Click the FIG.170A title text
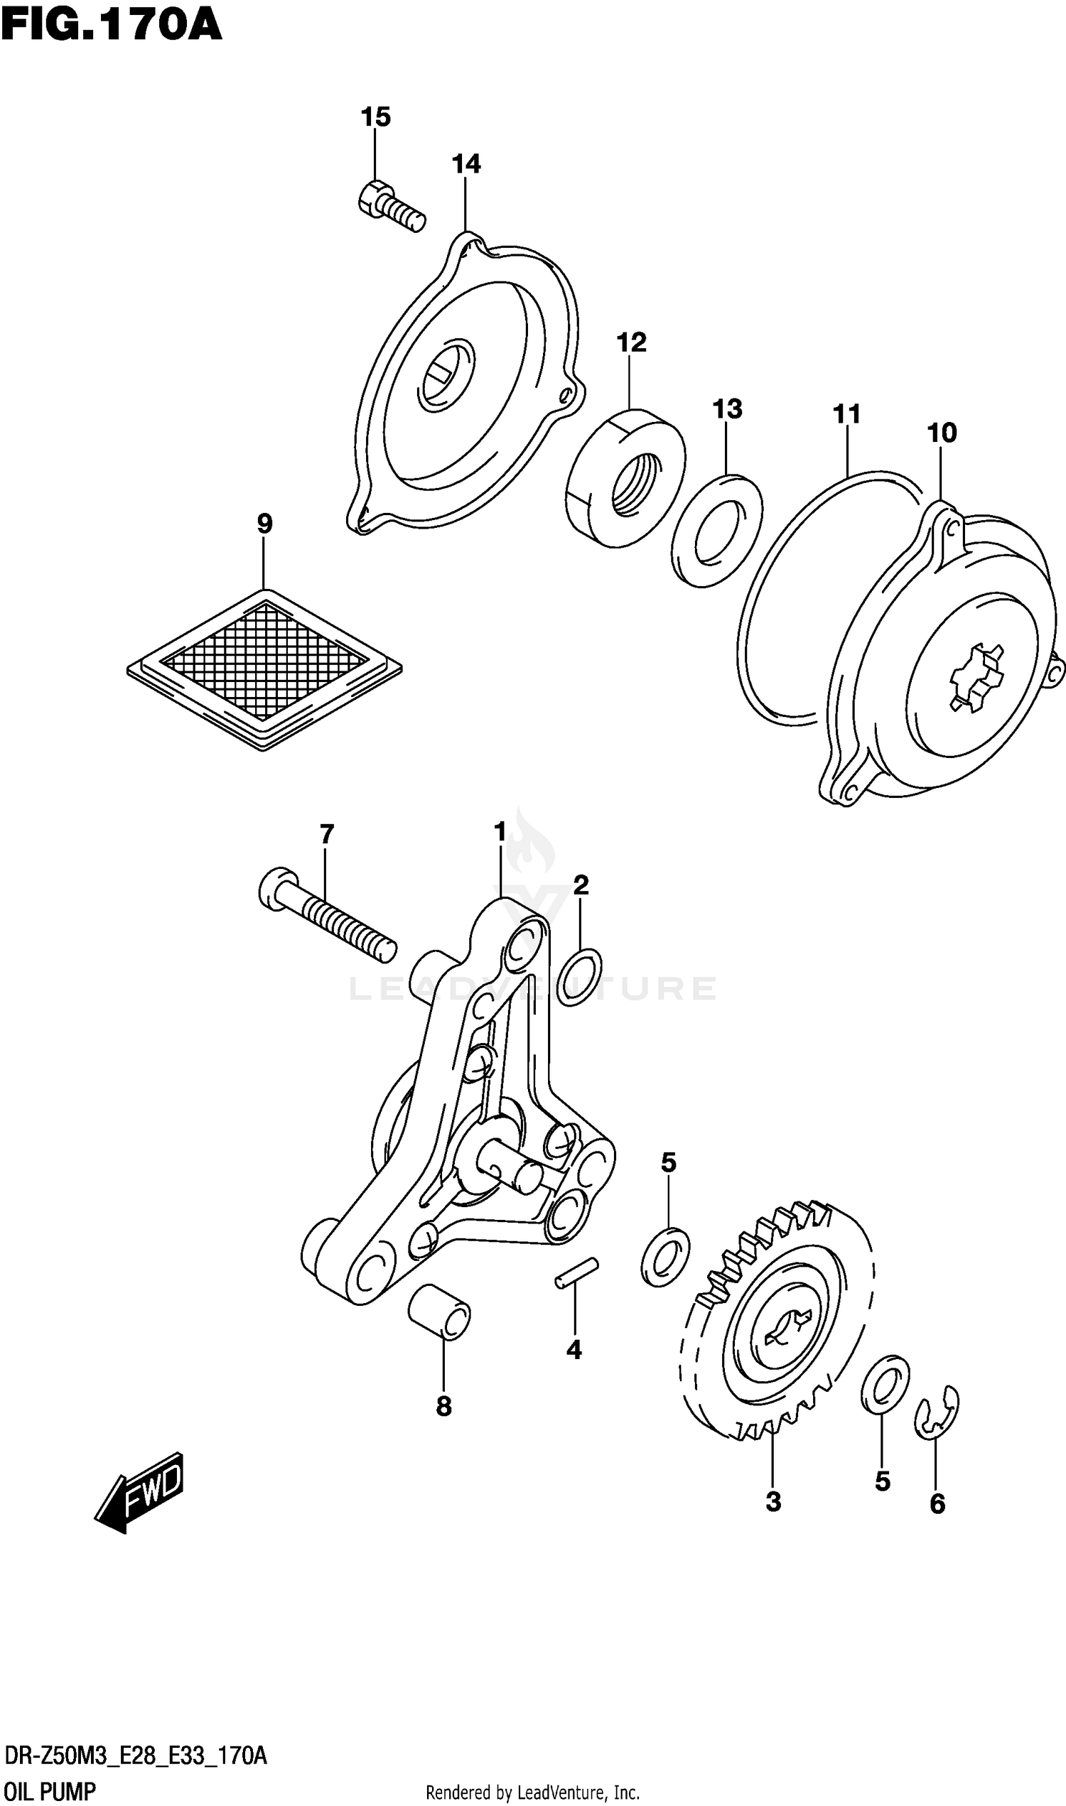(x=112, y=26)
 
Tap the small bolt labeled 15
(x=390, y=205)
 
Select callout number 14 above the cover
(x=465, y=163)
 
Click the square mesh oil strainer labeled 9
(x=264, y=669)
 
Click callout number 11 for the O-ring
(x=846, y=414)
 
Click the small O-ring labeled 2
(x=579, y=977)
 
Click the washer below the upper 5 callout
(x=664, y=1257)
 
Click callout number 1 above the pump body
(x=500, y=832)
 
